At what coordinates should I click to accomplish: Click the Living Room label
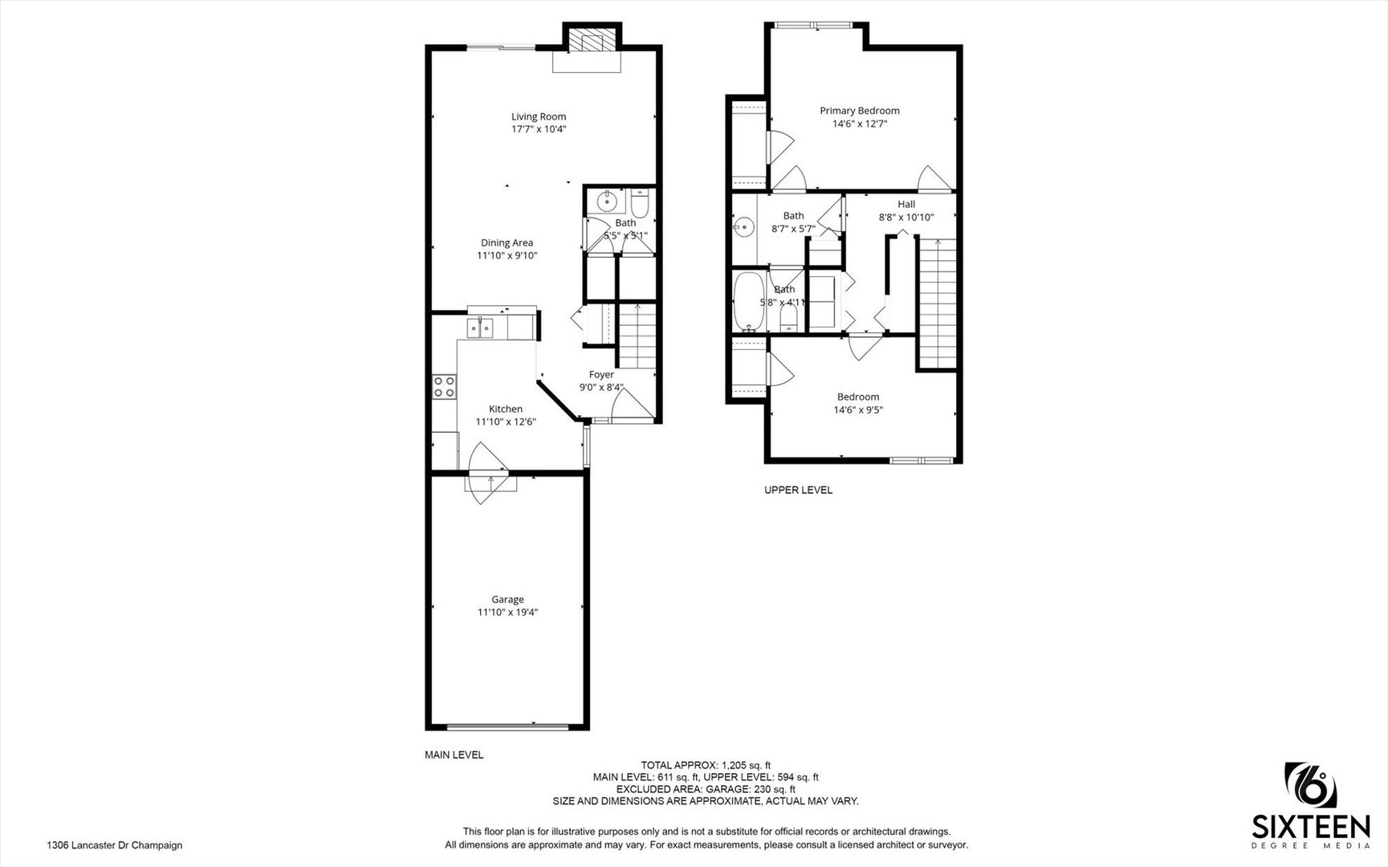538,116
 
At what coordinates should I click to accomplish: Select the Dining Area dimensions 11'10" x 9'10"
507,256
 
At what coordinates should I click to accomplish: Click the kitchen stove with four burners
444,387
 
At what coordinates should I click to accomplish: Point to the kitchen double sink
482,328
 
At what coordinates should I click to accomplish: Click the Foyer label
601,375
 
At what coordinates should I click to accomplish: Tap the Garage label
507,600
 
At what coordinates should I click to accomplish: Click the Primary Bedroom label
859,111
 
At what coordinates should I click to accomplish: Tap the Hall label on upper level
906,205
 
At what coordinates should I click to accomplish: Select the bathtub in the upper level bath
750,300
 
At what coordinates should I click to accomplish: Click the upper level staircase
937,301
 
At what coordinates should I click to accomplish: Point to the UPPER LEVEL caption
798,490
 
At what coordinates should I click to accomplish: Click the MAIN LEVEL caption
454,755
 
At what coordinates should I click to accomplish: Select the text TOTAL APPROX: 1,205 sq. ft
705,765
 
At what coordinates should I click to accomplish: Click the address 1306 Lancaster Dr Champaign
114,845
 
